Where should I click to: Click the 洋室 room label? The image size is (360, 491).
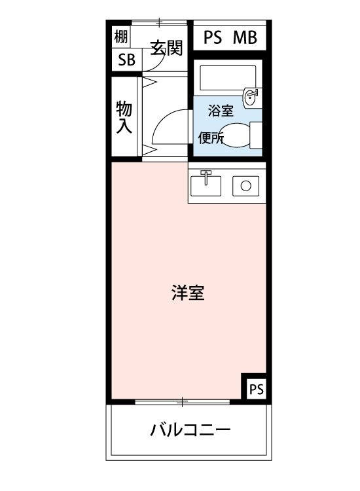189,293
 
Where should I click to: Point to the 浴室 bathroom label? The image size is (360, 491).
221,111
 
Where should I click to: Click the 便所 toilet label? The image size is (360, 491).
211,137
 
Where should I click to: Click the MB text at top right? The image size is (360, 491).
245,37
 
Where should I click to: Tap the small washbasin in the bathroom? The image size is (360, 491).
251,98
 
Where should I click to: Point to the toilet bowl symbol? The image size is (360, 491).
242,136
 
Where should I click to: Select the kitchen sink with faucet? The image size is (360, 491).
206,184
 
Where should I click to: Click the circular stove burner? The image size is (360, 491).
245,185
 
